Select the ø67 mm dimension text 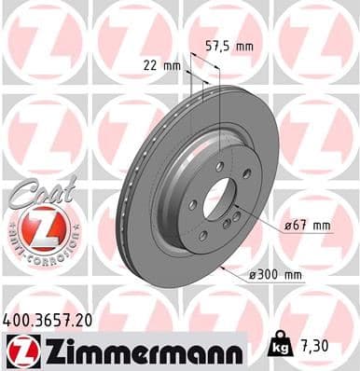pyautogui.click(x=309, y=226)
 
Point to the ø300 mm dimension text pyautogui.click(x=279, y=274)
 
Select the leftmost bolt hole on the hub pyautogui.click(x=191, y=206)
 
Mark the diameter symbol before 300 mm pyautogui.click(x=254, y=274)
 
